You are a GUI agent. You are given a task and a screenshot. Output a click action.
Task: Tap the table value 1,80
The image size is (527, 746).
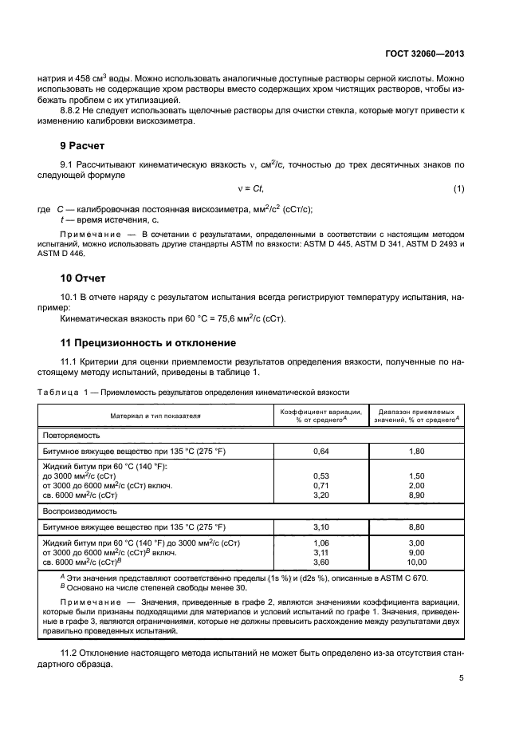click(x=417, y=452)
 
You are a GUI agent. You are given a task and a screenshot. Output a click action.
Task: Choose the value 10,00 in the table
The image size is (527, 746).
click(x=417, y=586)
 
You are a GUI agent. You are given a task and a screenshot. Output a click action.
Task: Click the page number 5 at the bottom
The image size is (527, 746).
click(x=461, y=678)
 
